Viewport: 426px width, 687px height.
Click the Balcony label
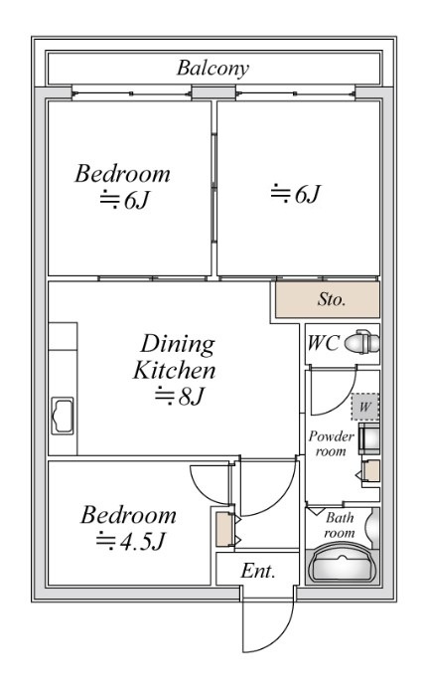[x=213, y=69]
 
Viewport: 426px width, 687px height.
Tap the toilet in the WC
[x=362, y=342]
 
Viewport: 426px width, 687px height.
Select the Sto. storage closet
[x=327, y=299]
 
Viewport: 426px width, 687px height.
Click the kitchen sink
[x=63, y=416]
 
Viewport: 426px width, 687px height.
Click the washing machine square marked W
[x=364, y=407]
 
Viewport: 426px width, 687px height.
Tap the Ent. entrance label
[x=258, y=571]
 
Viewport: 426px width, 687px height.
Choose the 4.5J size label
[x=130, y=542]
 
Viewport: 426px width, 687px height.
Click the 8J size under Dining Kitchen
[x=180, y=396]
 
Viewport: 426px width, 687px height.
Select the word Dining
[x=178, y=345]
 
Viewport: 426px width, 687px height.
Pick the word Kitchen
[x=174, y=370]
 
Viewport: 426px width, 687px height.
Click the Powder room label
[x=331, y=443]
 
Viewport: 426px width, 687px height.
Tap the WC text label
[x=323, y=343]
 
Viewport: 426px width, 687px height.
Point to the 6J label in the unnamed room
[x=296, y=194]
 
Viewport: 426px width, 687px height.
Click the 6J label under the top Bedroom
[x=125, y=200]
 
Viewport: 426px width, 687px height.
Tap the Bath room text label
[x=340, y=525]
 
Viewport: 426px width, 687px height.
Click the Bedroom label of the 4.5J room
[x=128, y=516]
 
